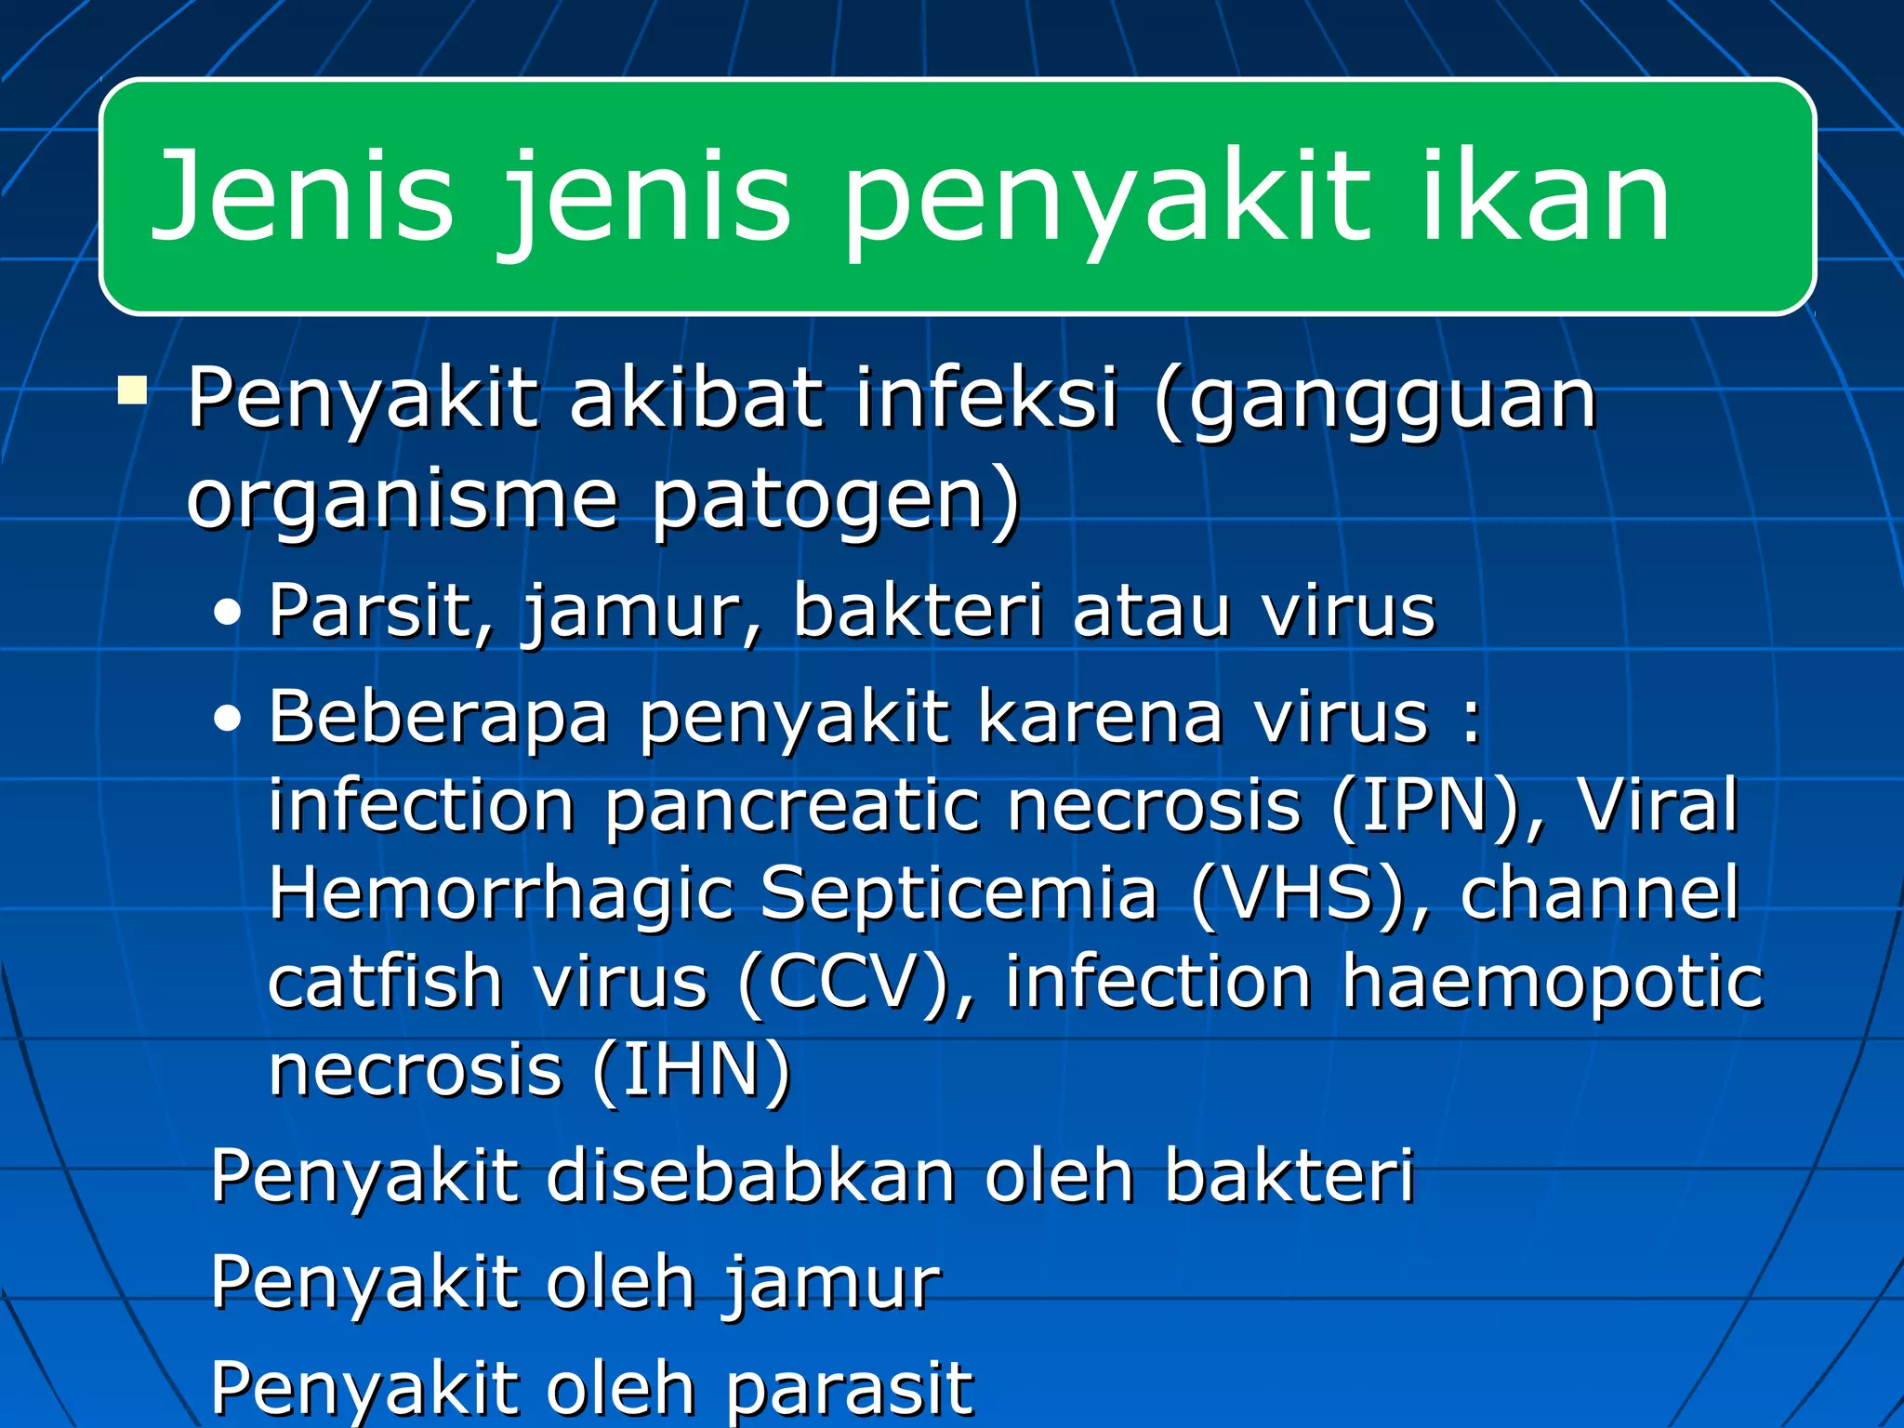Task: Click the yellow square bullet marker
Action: [x=133, y=390]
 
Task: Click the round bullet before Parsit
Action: [x=227, y=614]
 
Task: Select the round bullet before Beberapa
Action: [x=227, y=720]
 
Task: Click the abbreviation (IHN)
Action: [x=692, y=1071]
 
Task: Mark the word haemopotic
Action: [x=1552, y=982]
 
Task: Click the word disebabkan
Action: [x=750, y=1176]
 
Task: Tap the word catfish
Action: [x=385, y=982]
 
